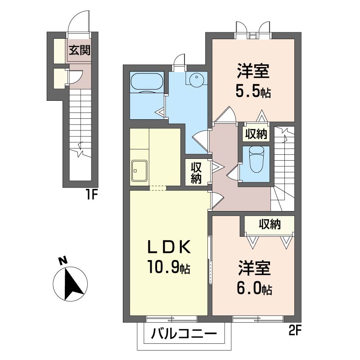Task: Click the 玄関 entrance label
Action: [x=80, y=50]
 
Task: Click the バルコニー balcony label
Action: [x=184, y=333]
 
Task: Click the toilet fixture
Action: [x=256, y=159]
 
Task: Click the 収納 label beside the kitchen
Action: [x=196, y=173]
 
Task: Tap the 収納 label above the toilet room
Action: [x=256, y=134]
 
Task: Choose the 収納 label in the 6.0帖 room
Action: [x=270, y=224]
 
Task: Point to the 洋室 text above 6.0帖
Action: [x=254, y=268]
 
